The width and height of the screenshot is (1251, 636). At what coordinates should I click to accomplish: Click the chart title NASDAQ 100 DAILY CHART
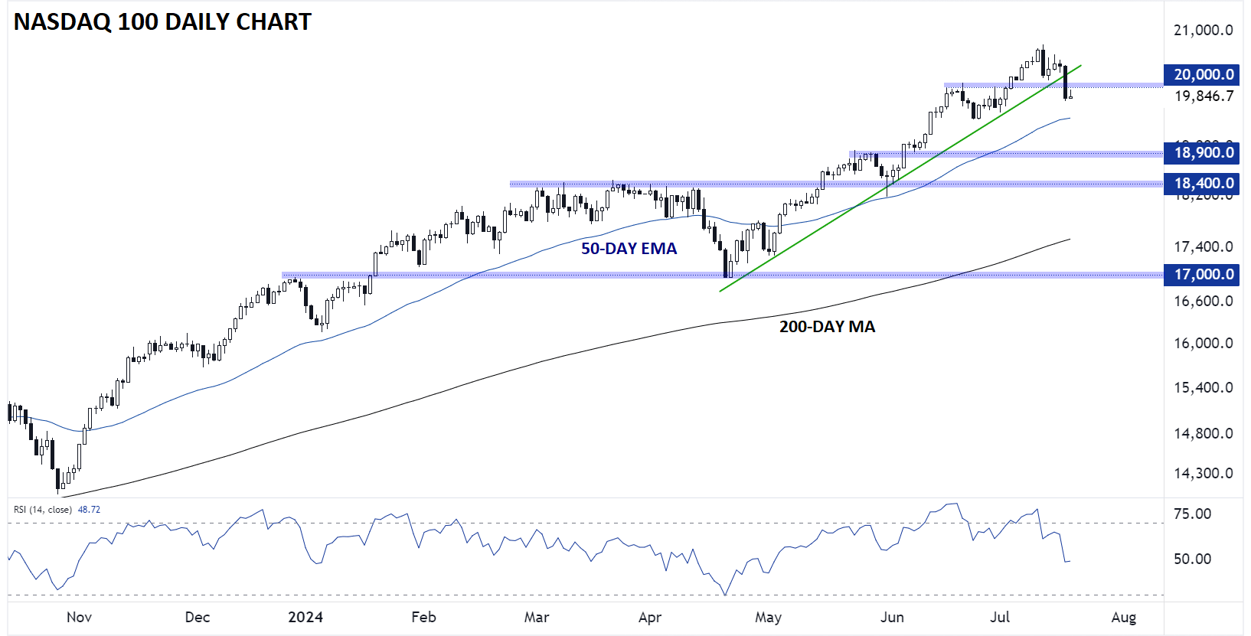(162, 22)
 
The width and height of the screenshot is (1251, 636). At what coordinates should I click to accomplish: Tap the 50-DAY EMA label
(629, 249)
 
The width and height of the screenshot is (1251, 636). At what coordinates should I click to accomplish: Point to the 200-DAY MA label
(827, 327)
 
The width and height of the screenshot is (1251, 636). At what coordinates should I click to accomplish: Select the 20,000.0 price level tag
(1204, 74)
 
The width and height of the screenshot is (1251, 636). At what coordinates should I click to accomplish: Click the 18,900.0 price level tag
(1204, 152)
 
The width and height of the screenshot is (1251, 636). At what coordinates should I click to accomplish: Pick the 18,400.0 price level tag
(1204, 183)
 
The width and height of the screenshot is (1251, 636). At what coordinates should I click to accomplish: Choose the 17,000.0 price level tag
(1204, 274)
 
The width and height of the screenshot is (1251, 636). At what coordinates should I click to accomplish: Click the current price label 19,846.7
(1204, 96)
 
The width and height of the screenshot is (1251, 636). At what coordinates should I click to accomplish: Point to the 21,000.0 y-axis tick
(1204, 31)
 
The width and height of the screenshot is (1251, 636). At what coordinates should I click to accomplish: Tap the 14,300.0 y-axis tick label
(1204, 473)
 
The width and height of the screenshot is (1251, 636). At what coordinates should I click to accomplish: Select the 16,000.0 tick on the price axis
(1204, 343)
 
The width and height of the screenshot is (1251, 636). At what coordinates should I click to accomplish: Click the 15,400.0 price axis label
(1204, 387)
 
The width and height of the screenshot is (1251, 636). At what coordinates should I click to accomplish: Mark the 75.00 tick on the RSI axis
(1193, 514)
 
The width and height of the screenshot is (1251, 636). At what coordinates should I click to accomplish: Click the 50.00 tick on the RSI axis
(1193, 559)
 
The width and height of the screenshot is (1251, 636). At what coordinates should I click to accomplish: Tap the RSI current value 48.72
(89, 510)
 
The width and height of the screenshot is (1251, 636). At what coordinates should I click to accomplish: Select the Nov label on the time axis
(79, 617)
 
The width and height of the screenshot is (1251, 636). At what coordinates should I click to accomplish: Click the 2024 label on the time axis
(305, 617)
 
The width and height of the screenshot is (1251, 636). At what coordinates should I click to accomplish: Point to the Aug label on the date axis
(1123, 617)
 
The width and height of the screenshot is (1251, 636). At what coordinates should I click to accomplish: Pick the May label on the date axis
(768, 617)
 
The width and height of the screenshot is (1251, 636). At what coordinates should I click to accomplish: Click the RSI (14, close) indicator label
(43, 510)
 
